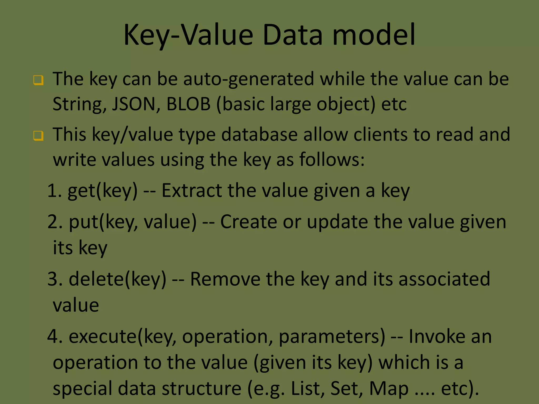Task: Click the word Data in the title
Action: tap(292, 35)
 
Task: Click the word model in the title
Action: tap(374, 35)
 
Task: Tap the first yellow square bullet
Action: tap(38, 80)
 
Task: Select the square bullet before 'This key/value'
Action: tap(38, 136)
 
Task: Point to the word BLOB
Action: tap(188, 104)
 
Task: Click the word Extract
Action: tap(191, 190)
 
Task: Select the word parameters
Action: tap(332, 337)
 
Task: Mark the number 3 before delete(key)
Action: tap(52, 279)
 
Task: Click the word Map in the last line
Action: tap(389, 388)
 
